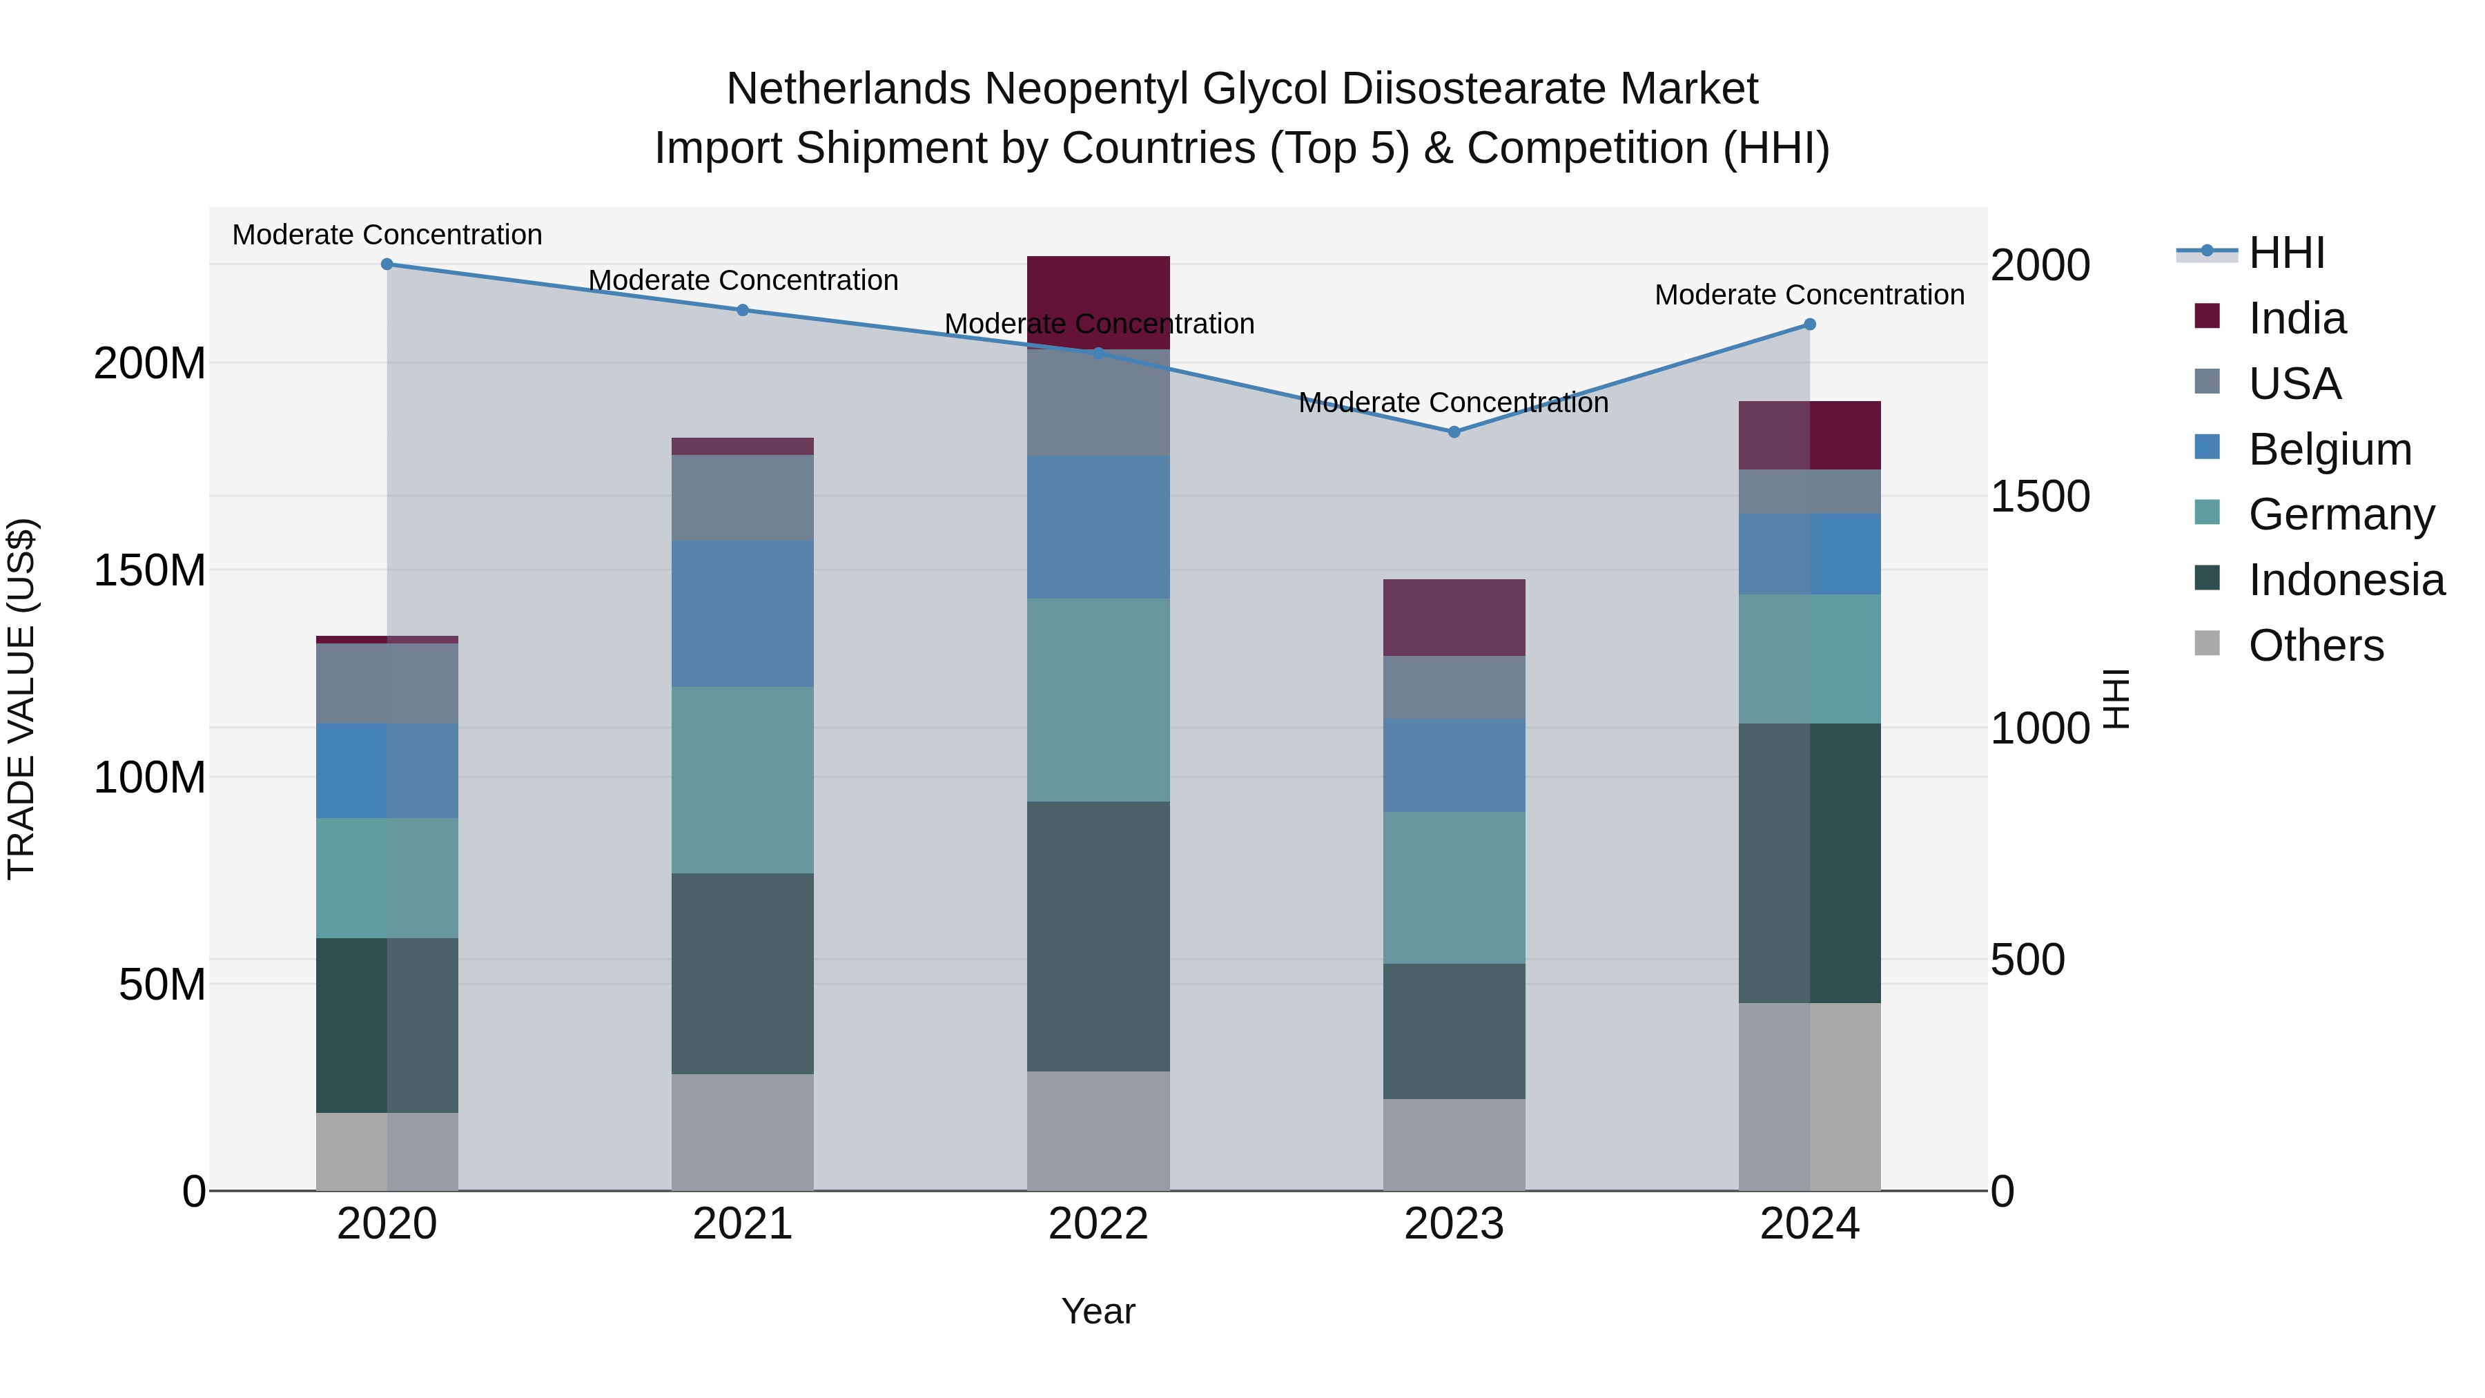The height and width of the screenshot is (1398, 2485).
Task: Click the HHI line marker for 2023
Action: (x=1454, y=432)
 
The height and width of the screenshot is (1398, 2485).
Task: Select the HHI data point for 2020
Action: (x=387, y=264)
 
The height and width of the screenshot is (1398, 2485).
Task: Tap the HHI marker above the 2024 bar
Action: (x=1810, y=325)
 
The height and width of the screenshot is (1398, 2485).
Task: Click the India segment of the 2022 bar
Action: (x=1098, y=289)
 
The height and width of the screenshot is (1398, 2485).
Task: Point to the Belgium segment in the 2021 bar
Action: (x=742, y=614)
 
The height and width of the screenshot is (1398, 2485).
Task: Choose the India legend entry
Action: (x=2296, y=318)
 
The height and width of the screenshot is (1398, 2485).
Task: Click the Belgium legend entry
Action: (x=2329, y=449)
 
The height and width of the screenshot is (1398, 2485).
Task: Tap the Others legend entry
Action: (x=2315, y=645)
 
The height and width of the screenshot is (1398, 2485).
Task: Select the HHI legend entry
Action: (x=2286, y=253)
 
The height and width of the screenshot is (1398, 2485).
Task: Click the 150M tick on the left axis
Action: (x=150, y=570)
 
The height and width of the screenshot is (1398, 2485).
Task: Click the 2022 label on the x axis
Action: (x=1098, y=1224)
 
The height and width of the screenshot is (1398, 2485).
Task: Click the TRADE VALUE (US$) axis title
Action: (x=21, y=699)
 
